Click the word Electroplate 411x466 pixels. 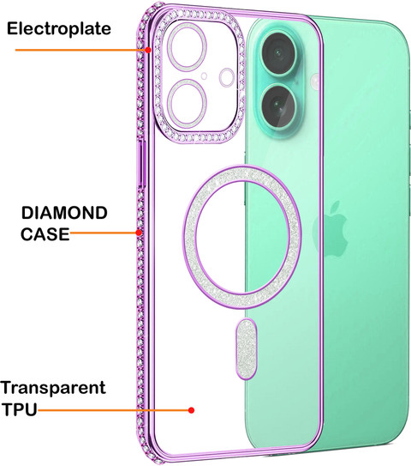[59, 29]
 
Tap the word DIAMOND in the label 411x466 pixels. [64, 213]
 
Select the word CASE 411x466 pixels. [45, 234]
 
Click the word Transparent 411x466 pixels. [53, 388]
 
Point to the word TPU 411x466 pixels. [20, 409]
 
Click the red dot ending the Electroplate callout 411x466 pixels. [147, 50]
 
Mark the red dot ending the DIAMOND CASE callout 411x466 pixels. [139, 233]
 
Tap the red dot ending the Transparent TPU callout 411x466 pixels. [192, 410]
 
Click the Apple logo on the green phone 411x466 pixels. [330, 228]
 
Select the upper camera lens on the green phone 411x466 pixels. [279, 53]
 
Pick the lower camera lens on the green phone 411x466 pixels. [279, 106]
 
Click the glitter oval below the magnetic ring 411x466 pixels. [246, 348]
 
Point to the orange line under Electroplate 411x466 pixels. [80, 50]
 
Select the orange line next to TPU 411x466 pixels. [113, 410]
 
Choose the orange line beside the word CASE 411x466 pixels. [103, 233]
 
